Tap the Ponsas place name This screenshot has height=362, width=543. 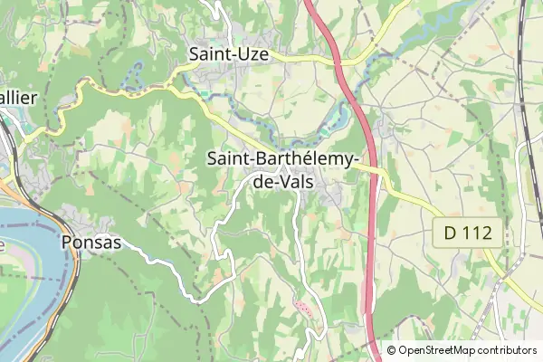[x=91, y=242]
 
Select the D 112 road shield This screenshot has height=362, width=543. [x=467, y=233]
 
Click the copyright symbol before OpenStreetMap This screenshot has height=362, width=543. [x=391, y=350]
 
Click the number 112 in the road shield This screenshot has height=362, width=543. [x=478, y=233]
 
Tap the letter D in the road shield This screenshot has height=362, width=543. [x=450, y=233]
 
